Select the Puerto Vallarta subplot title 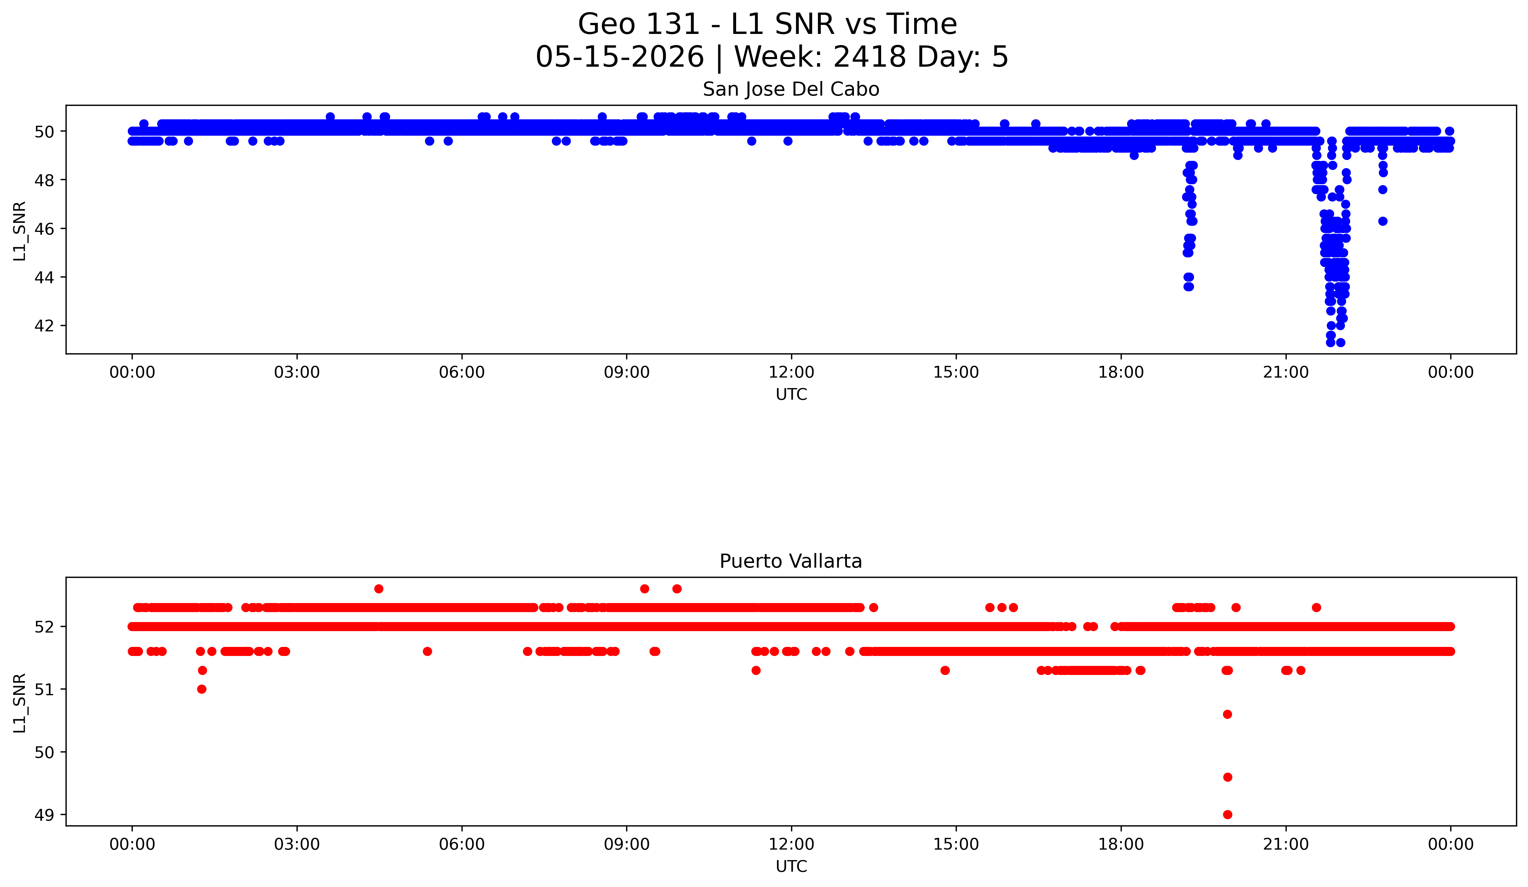[791, 562]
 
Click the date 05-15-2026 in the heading [620, 57]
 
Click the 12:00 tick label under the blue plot [791, 372]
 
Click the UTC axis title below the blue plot [791, 395]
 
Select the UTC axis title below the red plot [791, 867]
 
